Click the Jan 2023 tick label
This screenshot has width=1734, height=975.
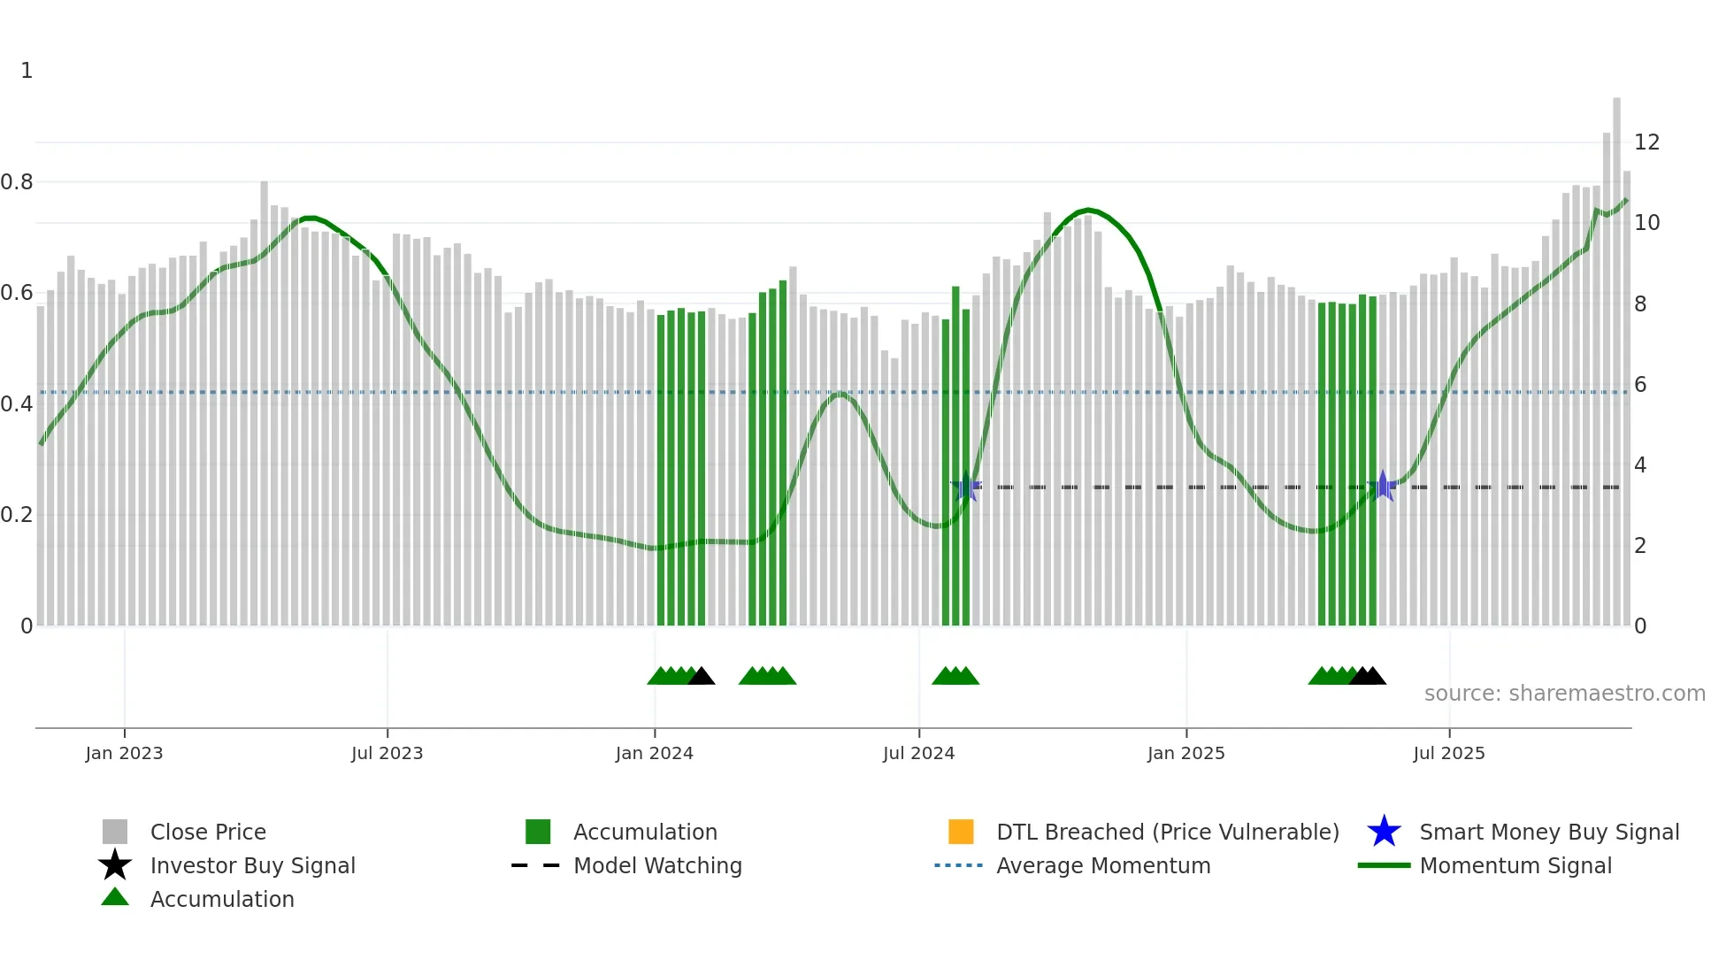coord(124,753)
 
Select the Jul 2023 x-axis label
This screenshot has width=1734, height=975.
coord(387,753)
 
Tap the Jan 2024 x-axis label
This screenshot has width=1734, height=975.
coord(654,753)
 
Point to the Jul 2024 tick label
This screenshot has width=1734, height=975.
coord(918,753)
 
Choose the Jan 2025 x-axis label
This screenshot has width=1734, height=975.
coord(1185,753)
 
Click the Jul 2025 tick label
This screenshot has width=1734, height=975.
coord(1448,753)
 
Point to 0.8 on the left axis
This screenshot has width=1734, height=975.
coord(17,182)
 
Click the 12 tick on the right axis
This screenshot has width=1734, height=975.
coord(1646,142)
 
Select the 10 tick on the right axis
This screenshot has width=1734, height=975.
coord(1646,223)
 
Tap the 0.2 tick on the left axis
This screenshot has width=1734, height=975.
coord(17,515)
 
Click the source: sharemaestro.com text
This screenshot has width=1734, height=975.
coord(1564,694)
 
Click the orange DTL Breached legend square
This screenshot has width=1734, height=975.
coord(961,832)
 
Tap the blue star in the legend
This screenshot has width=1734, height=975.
coord(1384,832)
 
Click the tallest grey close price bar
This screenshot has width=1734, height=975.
coord(1616,354)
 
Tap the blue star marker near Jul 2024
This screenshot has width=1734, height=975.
coord(966,487)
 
